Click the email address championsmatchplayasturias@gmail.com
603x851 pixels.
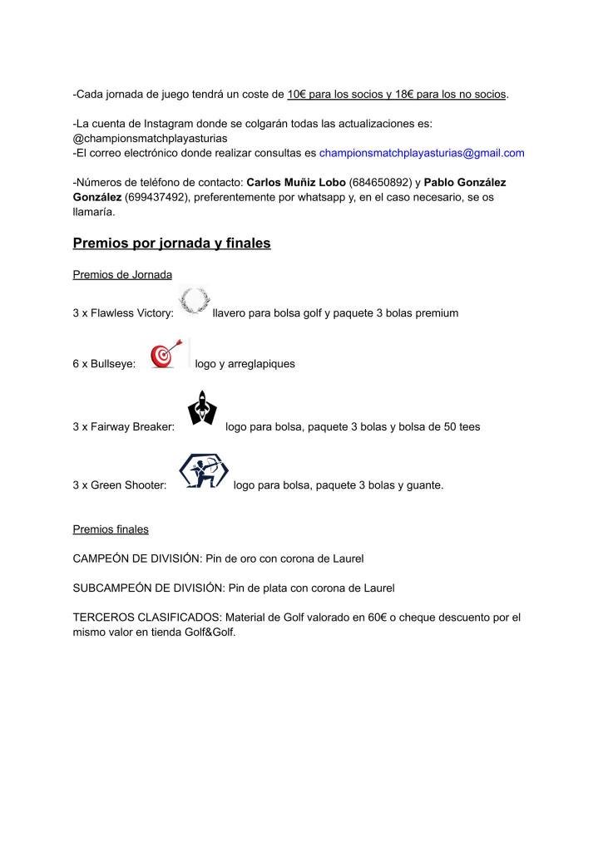pos(422,153)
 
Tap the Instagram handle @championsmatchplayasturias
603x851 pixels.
pos(151,138)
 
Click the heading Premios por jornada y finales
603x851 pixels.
pos(171,243)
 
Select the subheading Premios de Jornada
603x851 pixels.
pos(122,275)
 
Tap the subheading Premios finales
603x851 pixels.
pos(111,529)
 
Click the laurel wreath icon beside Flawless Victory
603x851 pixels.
pos(195,301)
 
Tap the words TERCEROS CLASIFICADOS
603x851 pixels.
pos(143,617)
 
